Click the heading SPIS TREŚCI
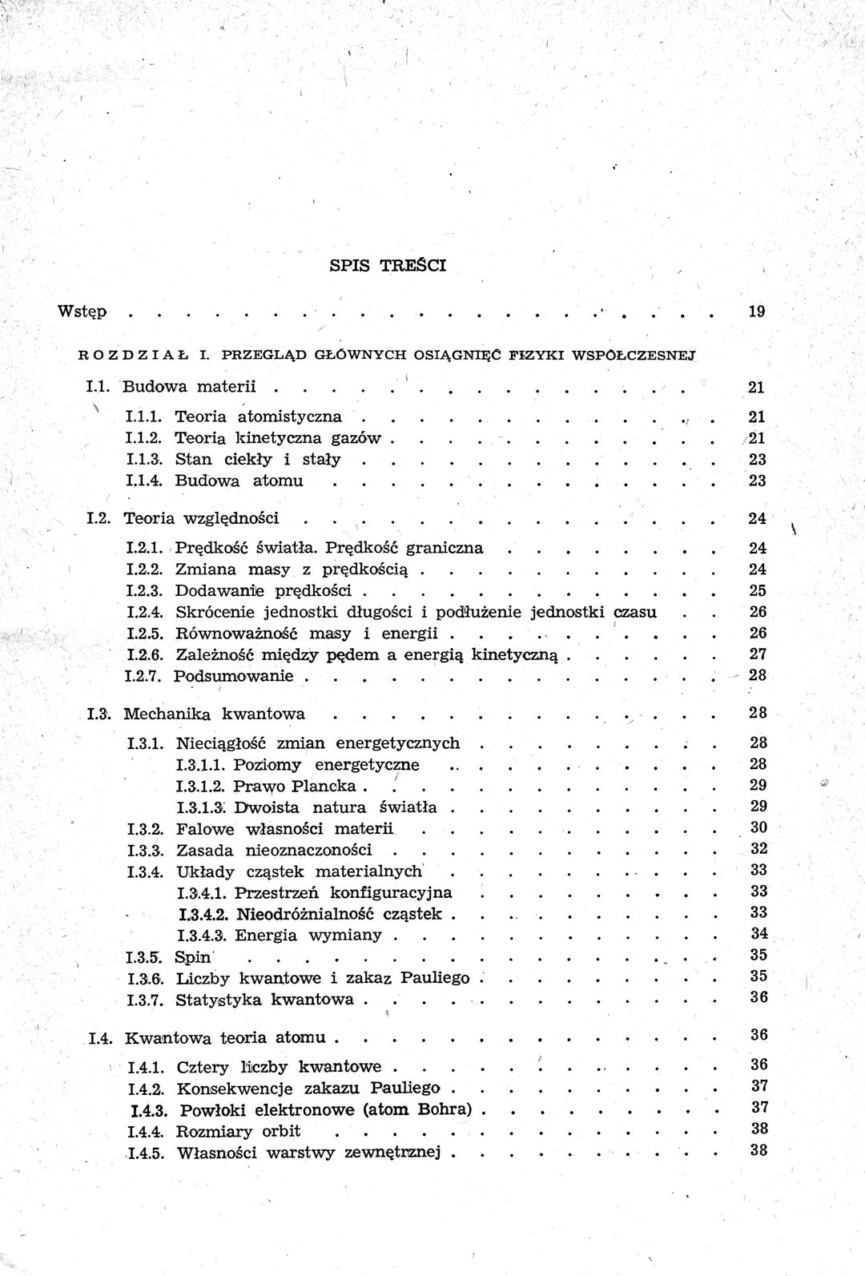tap(388, 265)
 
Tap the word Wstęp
tap(82, 312)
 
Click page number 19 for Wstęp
tap(757, 311)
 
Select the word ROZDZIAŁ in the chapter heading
tap(132, 352)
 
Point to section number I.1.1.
tap(145, 417)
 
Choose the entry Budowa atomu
tap(239, 481)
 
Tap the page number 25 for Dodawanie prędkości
tap(757, 590)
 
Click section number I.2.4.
tap(146, 613)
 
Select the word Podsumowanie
tap(235, 675)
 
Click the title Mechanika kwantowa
tap(215, 713)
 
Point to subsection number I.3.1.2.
tap(202, 785)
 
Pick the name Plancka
tap(329, 785)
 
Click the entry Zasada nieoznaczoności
tap(274, 849)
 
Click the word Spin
tap(192, 956)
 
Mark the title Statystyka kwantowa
tap(265, 999)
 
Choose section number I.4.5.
tap(147, 1153)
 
